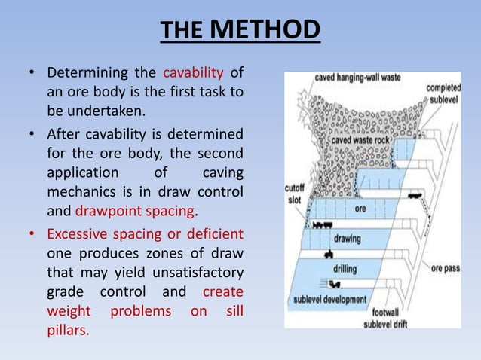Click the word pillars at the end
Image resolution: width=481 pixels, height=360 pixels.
coord(66,330)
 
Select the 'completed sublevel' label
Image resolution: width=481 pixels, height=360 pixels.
coord(443,93)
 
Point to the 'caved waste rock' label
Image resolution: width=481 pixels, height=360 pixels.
coord(362,140)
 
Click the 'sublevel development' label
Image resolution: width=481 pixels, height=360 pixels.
coord(329,300)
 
